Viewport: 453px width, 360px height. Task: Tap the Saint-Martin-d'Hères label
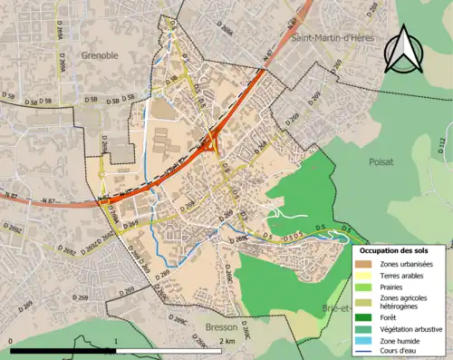333,37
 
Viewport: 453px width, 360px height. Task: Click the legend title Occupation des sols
400,249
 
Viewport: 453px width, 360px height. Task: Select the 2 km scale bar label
228,342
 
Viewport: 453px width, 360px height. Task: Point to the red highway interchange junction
210,144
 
